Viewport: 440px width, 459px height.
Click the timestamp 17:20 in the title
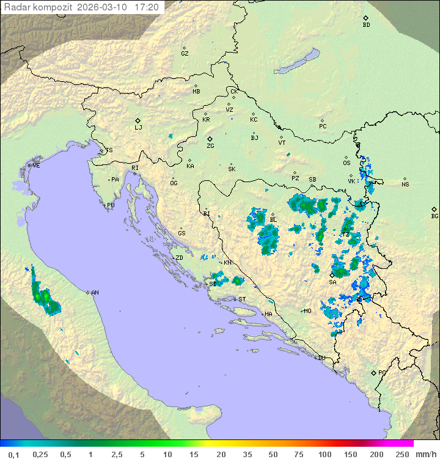[x=147, y=7]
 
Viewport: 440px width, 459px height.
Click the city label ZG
[x=210, y=146]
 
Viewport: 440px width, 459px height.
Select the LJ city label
[x=138, y=128]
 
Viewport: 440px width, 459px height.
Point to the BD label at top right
[x=366, y=25]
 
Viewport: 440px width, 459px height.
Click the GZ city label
[x=185, y=54]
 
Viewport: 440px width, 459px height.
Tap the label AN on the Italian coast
[x=95, y=293]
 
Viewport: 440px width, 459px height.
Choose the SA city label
[x=332, y=282]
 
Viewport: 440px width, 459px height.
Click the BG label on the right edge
[x=435, y=216]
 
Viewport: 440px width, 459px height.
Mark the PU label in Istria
[x=111, y=205]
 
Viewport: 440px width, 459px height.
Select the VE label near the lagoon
[x=36, y=166]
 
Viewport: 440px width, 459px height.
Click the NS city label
[x=405, y=185]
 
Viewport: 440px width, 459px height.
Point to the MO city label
[x=307, y=311]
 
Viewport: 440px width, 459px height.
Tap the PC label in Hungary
[x=323, y=127]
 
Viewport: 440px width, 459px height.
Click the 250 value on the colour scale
[x=402, y=454]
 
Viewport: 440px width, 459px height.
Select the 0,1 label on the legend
[x=13, y=454]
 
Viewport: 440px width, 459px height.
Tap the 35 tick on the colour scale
[x=248, y=454]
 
